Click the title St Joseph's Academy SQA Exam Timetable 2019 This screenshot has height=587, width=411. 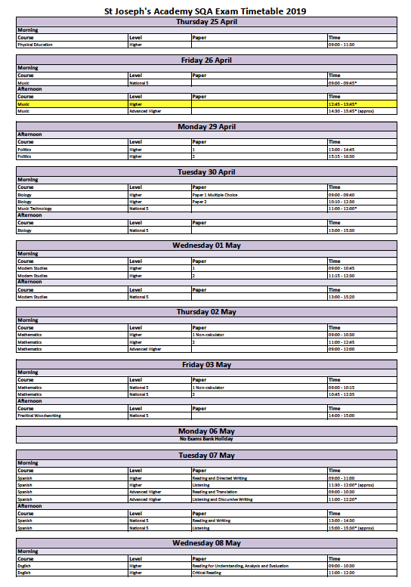(205, 11)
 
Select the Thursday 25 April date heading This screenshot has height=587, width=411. (205, 22)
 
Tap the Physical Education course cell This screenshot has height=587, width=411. (36, 45)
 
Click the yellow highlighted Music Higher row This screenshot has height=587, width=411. (205, 104)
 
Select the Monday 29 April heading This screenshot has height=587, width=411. (205, 126)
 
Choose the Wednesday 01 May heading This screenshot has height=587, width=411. (205, 246)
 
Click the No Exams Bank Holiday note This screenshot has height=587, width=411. (205, 439)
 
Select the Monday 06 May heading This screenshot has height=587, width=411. (205, 431)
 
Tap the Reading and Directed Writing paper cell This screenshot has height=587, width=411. (220, 478)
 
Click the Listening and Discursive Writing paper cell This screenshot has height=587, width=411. (222, 499)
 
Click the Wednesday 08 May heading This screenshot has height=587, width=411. (205, 542)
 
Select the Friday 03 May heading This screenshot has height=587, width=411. (205, 364)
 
